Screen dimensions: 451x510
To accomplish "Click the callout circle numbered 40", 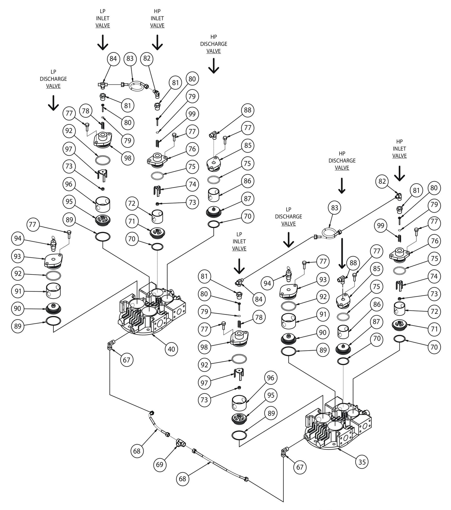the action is coord(171,349).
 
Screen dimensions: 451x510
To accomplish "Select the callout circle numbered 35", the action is coord(362,462).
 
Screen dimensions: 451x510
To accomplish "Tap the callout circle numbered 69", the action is coord(159,464).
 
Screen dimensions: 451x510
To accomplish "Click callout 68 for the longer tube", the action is coord(183,478).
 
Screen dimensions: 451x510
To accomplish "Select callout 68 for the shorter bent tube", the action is coord(137,451).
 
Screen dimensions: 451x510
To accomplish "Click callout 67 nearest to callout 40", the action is coord(126,360).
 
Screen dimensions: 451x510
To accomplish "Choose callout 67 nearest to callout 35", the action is coord(300,467).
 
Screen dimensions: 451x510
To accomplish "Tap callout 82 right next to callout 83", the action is coord(147,58).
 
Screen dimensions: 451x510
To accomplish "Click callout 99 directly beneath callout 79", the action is coord(192,114).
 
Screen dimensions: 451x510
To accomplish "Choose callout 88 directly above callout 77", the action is coord(248,110).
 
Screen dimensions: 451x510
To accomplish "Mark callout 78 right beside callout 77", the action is coord(86,111).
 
